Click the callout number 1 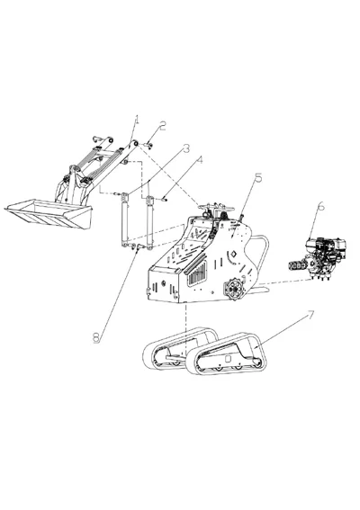pyautogui.click(x=137, y=119)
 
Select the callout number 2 pyautogui.click(x=163, y=125)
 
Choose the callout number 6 pyautogui.click(x=320, y=206)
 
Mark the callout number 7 pyautogui.click(x=310, y=317)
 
